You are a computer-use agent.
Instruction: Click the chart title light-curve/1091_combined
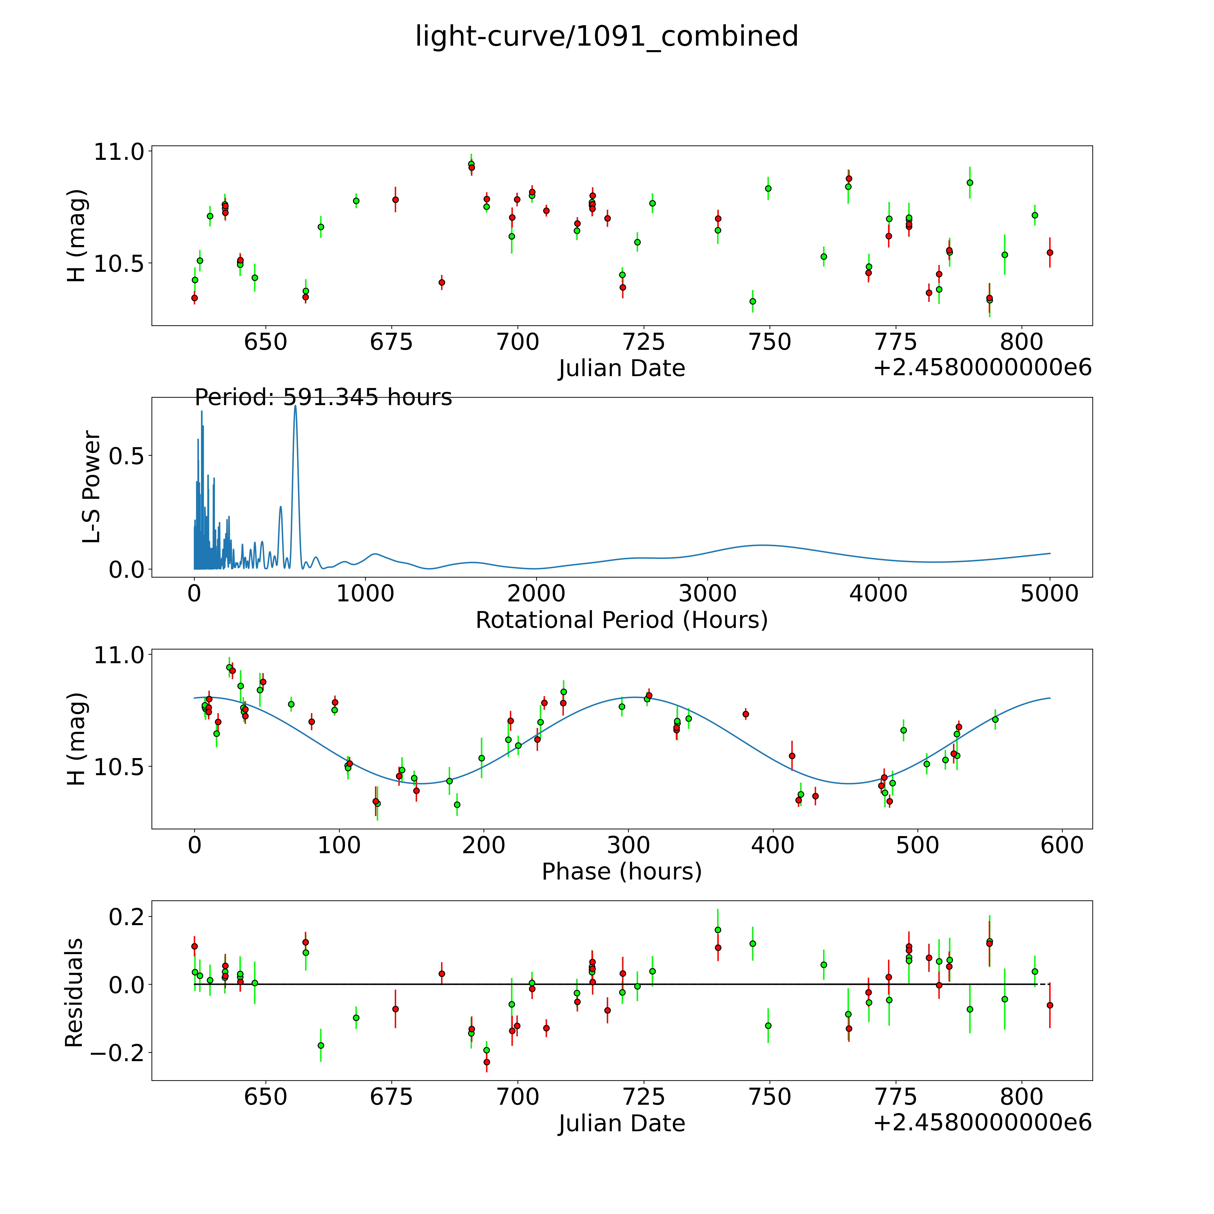tap(606, 36)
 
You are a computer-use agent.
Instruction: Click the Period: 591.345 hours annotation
tap(323, 398)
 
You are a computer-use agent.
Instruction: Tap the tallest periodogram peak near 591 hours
tap(295, 406)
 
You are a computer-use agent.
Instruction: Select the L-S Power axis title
tap(92, 487)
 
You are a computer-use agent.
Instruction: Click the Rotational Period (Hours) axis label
tap(621, 620)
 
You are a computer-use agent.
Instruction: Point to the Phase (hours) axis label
tap(621, 872)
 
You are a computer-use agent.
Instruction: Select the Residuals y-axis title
tap(74, 993)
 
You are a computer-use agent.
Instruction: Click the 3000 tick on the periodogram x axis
tap(707, 594)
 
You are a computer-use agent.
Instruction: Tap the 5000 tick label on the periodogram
tap(1049, 594)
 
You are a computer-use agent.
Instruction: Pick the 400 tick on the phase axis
tap(773, 845)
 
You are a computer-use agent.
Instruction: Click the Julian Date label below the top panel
tap(621, 368)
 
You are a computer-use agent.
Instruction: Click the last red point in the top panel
tap(1049, 253)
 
